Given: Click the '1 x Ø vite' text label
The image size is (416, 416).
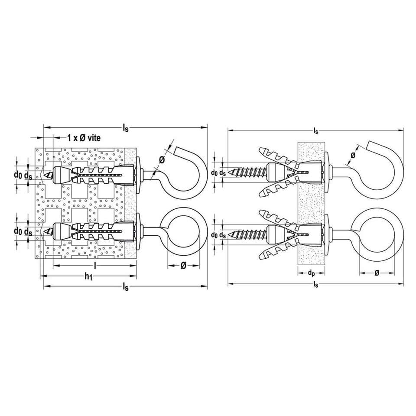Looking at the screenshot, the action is point(84,138).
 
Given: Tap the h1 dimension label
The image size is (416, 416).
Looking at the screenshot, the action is point(88,277).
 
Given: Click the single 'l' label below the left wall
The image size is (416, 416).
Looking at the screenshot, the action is point(95,265).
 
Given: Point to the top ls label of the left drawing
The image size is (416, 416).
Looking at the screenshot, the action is point(126,128).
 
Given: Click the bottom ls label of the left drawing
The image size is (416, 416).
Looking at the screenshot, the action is point(126,286).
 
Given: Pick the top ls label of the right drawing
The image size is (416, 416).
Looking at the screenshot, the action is point(315,130).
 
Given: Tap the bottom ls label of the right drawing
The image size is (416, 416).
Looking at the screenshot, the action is point(315,284).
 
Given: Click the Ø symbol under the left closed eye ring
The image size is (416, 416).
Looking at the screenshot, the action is point(183,265).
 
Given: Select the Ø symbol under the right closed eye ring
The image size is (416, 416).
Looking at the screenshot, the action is point(377,273).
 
